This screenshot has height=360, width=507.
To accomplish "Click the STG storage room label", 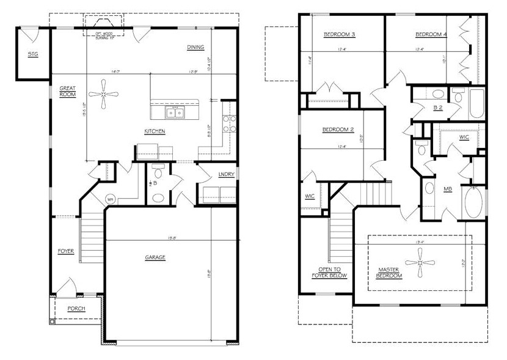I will click(33, 54).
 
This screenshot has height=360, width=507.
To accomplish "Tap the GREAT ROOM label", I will click(67, 91).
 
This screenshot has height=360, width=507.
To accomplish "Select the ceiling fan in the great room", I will click(104, 94).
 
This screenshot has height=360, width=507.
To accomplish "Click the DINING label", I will click(196, 47).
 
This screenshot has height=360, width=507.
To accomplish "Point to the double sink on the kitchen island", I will click(176, 112).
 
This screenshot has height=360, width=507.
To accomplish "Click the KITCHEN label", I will click(155, 131).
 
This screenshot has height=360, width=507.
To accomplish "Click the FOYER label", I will click(67, 251).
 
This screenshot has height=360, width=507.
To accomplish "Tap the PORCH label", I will click(76, 308).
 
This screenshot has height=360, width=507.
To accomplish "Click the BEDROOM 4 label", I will click(431, 34).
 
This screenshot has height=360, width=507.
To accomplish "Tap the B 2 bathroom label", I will click(437, 108).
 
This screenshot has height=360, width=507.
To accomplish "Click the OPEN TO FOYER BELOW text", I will click(333, 272).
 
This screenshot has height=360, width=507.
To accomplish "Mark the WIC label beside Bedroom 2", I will click(310, 196).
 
